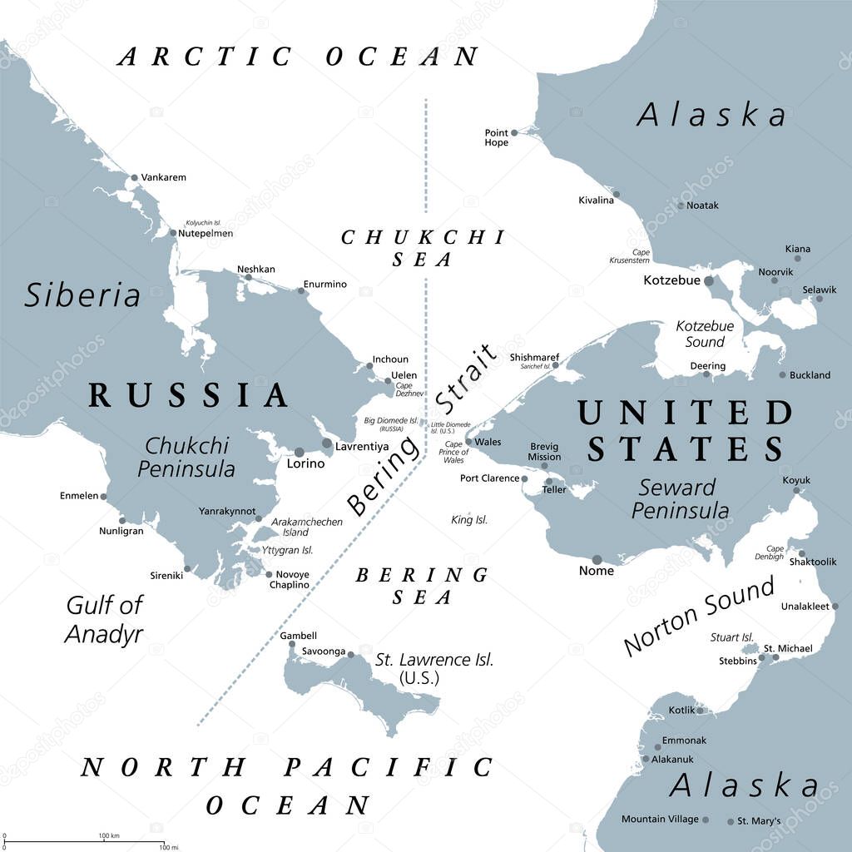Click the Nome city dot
point(597,560)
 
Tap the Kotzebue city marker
point(709,281)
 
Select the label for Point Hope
point(497,137)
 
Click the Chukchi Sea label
point(423,248)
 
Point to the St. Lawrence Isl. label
point(434,668)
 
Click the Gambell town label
point(298,636)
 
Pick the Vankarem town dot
point(134,177)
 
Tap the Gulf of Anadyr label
point(105,620)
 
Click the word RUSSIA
point(189,395)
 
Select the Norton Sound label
point(699,615)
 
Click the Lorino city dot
point(300,452)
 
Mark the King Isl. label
point(469,520)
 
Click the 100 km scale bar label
point(110,835)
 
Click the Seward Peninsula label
point(680,498)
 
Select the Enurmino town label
point(324,285)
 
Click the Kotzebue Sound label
point(705,334)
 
